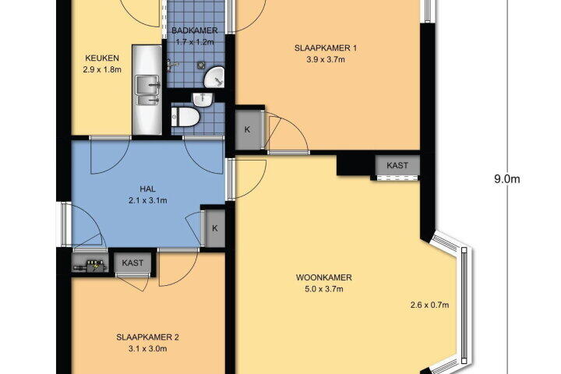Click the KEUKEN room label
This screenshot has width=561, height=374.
(102, 58)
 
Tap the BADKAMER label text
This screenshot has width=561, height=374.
(195, 30)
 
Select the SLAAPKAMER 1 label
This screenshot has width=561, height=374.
(326, 48)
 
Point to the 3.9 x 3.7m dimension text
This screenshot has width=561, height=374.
(326, 60)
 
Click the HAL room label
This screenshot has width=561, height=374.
(147, 189)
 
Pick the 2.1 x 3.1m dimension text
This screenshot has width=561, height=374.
(147, 200)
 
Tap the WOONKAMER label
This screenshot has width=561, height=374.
(324, 277)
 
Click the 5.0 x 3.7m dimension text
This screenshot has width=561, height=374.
(324, 289)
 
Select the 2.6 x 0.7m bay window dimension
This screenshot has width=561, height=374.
(429, 305)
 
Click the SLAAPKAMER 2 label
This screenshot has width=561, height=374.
(147, 337)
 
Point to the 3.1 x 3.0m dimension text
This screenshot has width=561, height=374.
(147, 348)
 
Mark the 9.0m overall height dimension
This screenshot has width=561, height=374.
(507, 179)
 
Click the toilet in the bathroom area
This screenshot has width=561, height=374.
(185, 117)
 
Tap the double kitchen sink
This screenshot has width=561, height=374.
(147, 90)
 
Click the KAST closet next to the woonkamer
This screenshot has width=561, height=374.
(397, 165)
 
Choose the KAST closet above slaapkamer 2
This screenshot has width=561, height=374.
(132, 263)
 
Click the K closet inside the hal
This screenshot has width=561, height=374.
(215, 228)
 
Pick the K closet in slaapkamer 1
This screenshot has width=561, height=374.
(248, 130)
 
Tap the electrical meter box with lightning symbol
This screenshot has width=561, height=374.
(90, 264)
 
